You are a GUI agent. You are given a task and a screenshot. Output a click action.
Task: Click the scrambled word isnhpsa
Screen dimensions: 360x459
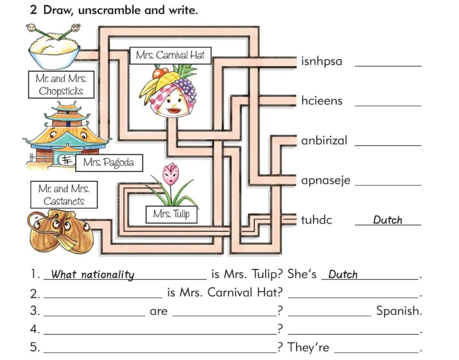click(321, 62)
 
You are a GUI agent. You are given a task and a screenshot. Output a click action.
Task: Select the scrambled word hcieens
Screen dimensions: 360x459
click(321, 101)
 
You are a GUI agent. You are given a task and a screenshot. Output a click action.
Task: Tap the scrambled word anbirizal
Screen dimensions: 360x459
click(324, 140)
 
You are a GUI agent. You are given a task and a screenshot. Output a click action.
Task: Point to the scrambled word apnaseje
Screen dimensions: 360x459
click(326, 180)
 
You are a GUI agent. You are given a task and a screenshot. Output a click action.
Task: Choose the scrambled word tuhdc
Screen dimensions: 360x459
click(317, 220)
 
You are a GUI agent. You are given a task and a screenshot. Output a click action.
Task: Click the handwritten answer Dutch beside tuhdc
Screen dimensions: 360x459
click(387, 220)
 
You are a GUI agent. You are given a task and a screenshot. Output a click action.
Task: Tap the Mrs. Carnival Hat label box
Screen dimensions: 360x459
click(170, 55)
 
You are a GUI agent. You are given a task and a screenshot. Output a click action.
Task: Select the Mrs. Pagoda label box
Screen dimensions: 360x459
click(108, 162)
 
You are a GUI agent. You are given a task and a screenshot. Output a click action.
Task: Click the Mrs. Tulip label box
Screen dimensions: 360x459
click(171, 214)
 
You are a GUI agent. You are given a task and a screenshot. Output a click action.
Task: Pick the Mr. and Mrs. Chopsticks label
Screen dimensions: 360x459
click(61, 85)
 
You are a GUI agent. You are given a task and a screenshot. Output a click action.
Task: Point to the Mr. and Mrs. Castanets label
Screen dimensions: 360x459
click(64, 195)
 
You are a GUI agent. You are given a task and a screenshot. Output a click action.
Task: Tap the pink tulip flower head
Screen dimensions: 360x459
click(171, 173)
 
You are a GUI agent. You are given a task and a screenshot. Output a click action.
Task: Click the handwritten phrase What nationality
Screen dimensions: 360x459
click(93, 275)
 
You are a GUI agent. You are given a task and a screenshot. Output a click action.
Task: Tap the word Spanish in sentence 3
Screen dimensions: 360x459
click(399, 311)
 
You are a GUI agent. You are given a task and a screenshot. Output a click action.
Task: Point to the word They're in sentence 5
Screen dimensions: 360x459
click(308, 347)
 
